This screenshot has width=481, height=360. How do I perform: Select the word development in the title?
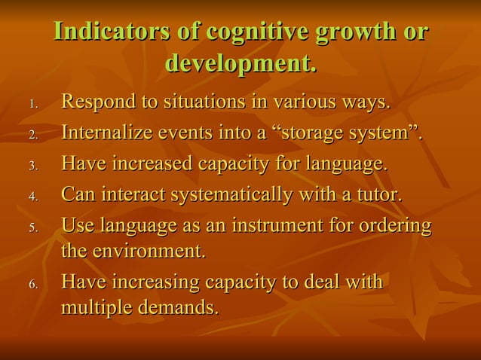coord(237,64)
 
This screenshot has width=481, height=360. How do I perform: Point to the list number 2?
coord(32,136)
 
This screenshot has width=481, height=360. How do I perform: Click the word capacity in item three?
coord(234,164)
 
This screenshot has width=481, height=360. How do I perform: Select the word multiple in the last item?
coord(93,309)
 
